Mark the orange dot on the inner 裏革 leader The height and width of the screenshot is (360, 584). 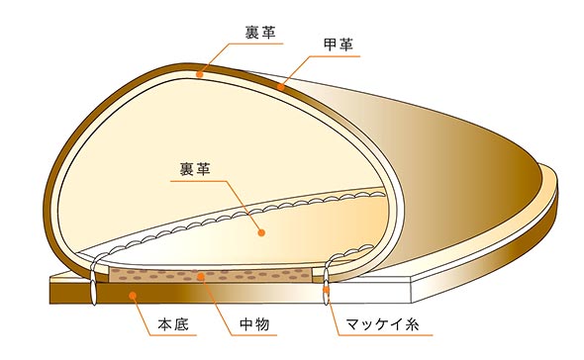260,233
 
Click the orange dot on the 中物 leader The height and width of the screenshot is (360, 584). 202,275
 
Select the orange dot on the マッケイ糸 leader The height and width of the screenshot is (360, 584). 328,293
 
